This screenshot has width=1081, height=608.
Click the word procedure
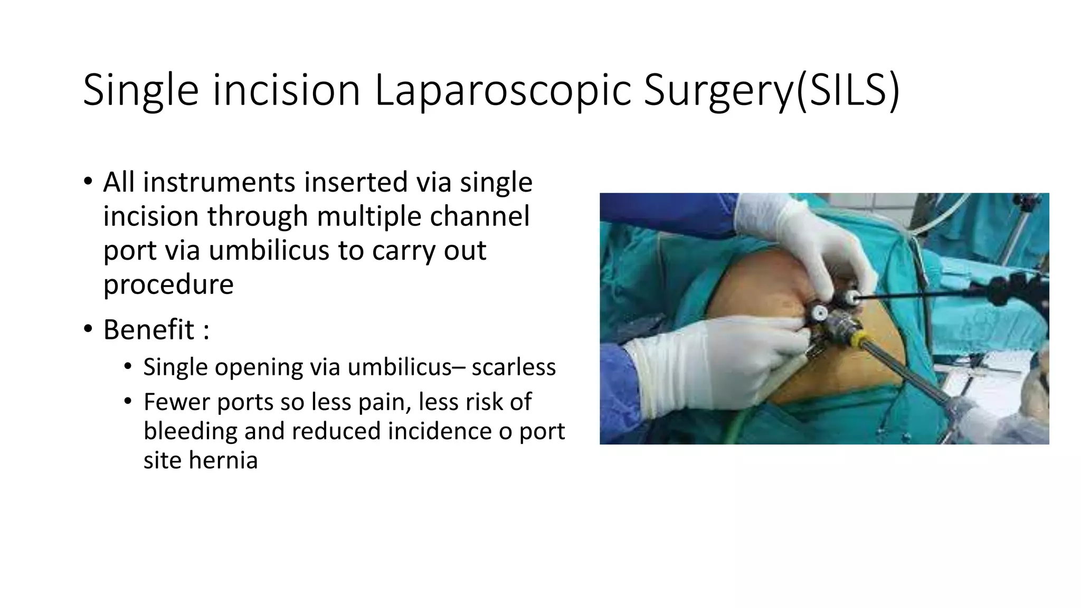coord(168,284)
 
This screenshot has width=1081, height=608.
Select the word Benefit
coord(149,330)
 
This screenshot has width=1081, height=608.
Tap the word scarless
coord(513,367)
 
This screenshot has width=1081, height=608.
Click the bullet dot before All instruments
coord(88,182)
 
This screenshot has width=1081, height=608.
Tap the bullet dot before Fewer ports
coord(127,402)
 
